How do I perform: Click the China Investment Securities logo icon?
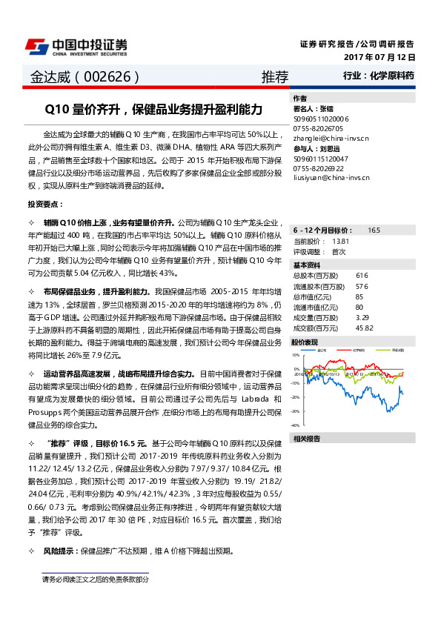pos(36,46)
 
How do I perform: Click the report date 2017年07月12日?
pos(379,56)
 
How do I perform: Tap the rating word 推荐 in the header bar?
pos(275,76)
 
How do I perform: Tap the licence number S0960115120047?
pos(322,158)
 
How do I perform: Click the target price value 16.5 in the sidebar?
pos(374,230)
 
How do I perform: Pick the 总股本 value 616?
pos(362,275)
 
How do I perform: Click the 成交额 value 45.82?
pos(364,328)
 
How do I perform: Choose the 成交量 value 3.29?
pos(362,317)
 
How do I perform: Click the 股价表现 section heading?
pos(305,342)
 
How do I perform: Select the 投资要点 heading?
pos(45,203)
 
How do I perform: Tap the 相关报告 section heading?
pos(307,439)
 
